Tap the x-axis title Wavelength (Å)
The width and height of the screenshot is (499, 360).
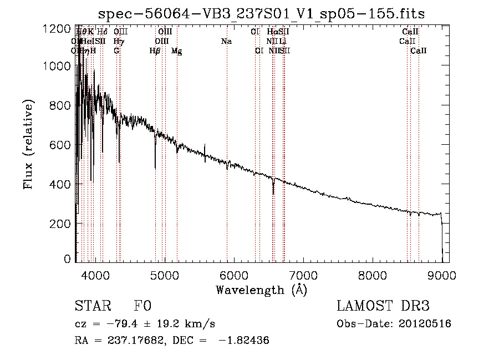tap(261, 290)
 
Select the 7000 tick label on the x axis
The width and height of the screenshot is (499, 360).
tap(303, 275)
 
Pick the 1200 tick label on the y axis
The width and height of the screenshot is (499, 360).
tap(58, 28)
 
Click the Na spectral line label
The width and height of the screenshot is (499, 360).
tap(226, 42)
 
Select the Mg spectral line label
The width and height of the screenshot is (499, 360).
tap(176, 51)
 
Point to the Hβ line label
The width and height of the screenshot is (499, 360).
tap(155, 51)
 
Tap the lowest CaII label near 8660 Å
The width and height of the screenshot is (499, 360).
tap(419, 51)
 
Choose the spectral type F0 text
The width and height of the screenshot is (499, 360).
tap(142, 307)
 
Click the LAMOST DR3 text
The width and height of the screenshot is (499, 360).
tap(383, 307)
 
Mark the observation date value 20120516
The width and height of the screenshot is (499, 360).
tap(425, 324)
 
